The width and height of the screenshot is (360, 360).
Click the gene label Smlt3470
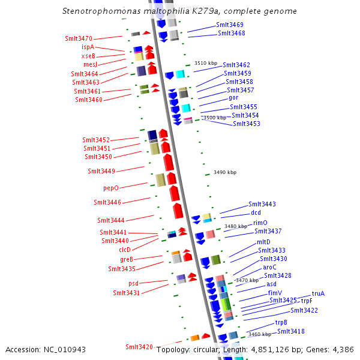tap(79, 38)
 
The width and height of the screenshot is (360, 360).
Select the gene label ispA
tap(88, 47)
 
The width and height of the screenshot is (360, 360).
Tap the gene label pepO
tap(112, 188)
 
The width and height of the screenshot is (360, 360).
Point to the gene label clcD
tap(125, 249)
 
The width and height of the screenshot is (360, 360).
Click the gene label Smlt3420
tap(139, 347)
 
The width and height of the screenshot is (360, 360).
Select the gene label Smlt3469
tap(230, 25)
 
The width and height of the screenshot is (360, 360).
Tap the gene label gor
tap(233, 97)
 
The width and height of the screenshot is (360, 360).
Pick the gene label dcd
tap(256, 212)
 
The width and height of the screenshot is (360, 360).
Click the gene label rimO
tap(260, 223)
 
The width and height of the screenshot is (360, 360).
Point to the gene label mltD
tap(263, 242)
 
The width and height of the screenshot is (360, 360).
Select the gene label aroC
tap(269, 267)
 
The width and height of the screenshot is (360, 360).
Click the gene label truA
tap(318, 293)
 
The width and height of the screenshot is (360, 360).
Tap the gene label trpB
tap(281, 322)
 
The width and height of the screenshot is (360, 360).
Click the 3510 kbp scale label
tap(205, 63)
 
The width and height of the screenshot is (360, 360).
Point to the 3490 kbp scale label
tap(225, 173)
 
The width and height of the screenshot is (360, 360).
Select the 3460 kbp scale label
tap(260, 334)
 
